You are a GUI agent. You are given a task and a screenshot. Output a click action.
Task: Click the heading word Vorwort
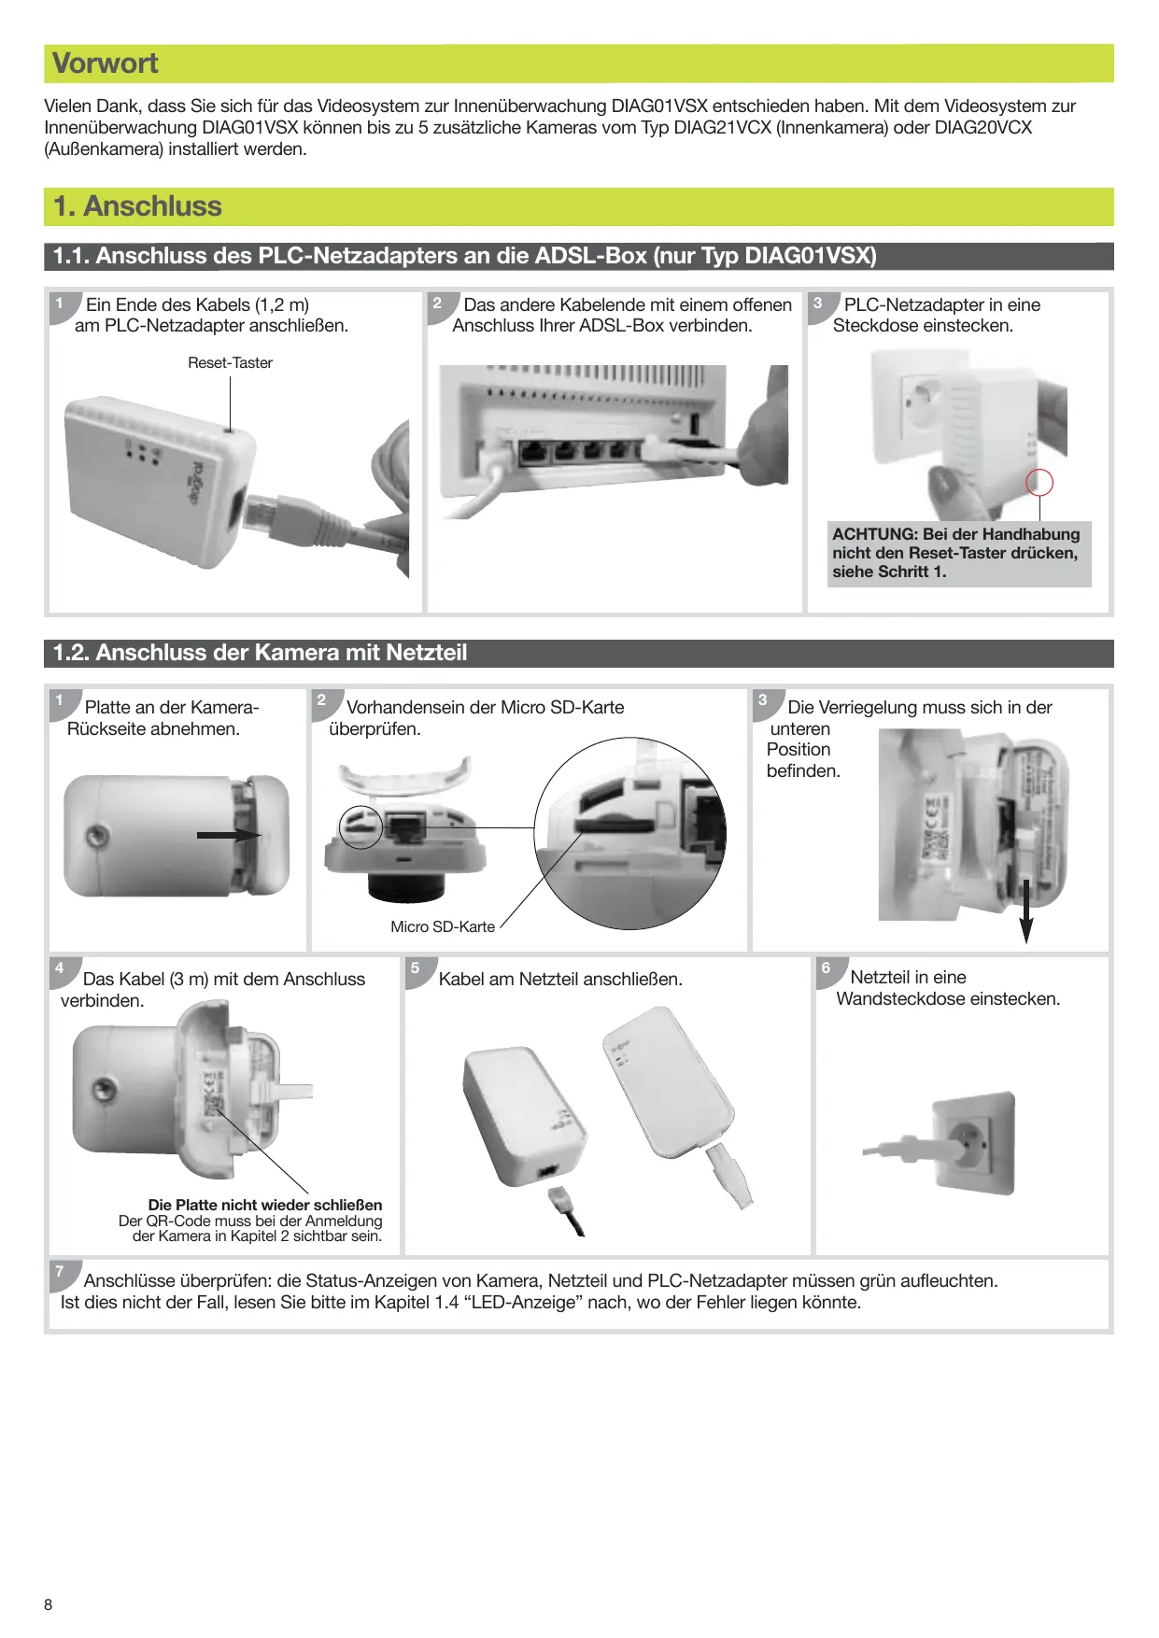(x=106, y=64)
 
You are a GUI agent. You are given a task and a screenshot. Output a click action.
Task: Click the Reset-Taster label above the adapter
(x=230, y=363)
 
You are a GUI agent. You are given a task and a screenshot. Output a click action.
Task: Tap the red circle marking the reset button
(x=1039, y=483)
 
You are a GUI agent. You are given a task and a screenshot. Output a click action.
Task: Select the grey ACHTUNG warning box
(x=958, y=553)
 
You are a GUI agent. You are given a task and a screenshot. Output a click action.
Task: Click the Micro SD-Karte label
(x=443, y=926)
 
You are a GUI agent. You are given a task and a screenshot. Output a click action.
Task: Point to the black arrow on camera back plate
(x=230, y=835)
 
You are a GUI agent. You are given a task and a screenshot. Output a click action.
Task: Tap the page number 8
(x=49, y=1604)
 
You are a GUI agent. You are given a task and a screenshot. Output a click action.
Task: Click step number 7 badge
(x=61, y=1272)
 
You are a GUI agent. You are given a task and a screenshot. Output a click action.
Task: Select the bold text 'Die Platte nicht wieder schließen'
(x=265, y=1205)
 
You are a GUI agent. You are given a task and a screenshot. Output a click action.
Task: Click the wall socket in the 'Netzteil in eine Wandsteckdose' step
(x=971, y=1141)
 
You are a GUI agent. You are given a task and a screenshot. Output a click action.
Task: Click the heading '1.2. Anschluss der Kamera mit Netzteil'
(x=261, y=653)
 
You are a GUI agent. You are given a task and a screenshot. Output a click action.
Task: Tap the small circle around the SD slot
(x=360, y=826)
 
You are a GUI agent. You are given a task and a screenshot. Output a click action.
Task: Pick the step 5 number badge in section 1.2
(x=417, y=968)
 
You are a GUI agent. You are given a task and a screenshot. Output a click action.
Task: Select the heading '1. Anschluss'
(x=138, y=206)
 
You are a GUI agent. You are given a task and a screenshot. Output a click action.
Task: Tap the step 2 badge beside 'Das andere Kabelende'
(x=438, y=304)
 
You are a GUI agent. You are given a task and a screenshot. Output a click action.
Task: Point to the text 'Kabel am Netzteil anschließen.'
(x=560, y=979)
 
